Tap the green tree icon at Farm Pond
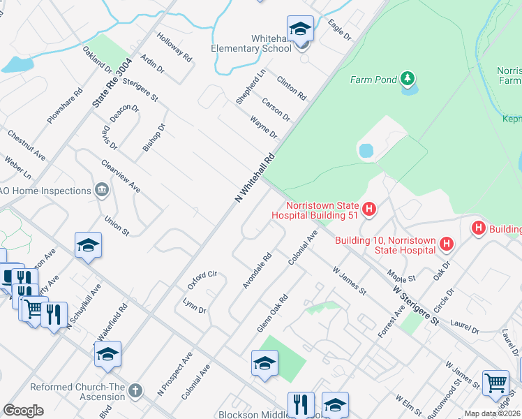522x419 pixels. pyautogui.click(x=407, y=78)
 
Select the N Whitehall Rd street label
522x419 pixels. pyautogui.click(x=255, y=178)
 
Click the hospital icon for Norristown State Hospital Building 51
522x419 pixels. pyautogui.click(x=369, y=208)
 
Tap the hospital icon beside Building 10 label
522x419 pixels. pyautogui.click(x=447, y=244)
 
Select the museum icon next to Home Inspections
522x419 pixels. pyautogui.click(x=102, y=190)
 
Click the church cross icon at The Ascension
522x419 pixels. pyautogui.click(x=135, y=390)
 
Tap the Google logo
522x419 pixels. pyautogui.click(x=23, y=410)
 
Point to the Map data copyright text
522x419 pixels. pyautogui.click(x=492, y=413)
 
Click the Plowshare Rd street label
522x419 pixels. pyautogui.click(x=65, y=105)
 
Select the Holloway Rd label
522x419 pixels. pyautogui.click(x=174, y=47)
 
